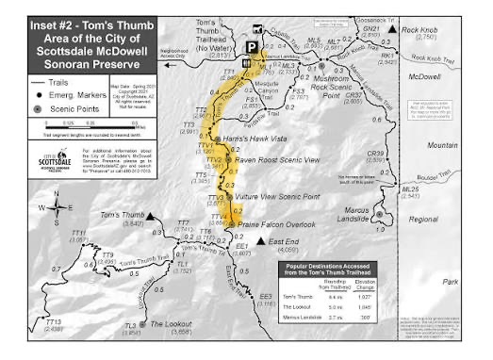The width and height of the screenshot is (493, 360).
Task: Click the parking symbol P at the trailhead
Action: [252, 46]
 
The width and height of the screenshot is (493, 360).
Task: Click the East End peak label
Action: [281, 242]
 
